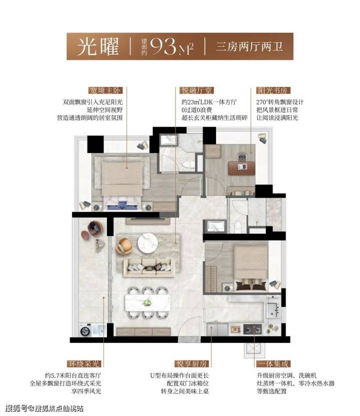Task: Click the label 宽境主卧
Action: (x=105, y=90)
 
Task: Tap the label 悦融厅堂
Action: (x=197, y=90)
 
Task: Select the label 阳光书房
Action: (x=273, y=90)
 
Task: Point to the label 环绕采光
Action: (x=84, y=363)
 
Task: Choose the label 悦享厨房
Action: (x=192, y=363)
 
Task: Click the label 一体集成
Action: (x=273, y=363)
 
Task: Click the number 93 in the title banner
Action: (x=163, y=46)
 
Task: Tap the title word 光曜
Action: (x=98, y=46)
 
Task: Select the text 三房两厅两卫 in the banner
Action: (x=249, y=47)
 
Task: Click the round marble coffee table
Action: (x=147, y=243)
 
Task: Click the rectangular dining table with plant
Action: (x=148, y=303)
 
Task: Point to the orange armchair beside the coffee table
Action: (x=124, y=245)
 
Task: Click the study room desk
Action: (x=242, y=168)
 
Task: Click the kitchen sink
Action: (x=273, y=310)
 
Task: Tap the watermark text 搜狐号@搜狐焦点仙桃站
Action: (x=44, y=408)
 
